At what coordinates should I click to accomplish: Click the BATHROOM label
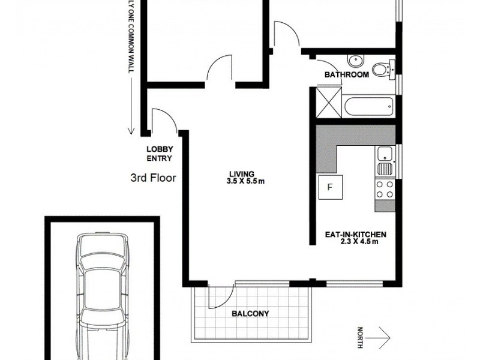point(346,75)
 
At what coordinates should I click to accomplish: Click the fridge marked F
point(329,187)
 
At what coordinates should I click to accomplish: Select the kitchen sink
point(385,161)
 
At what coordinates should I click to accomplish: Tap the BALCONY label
point(250,313)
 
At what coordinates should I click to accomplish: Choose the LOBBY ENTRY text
point(160,154)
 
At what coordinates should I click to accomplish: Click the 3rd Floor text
point(152,178)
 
